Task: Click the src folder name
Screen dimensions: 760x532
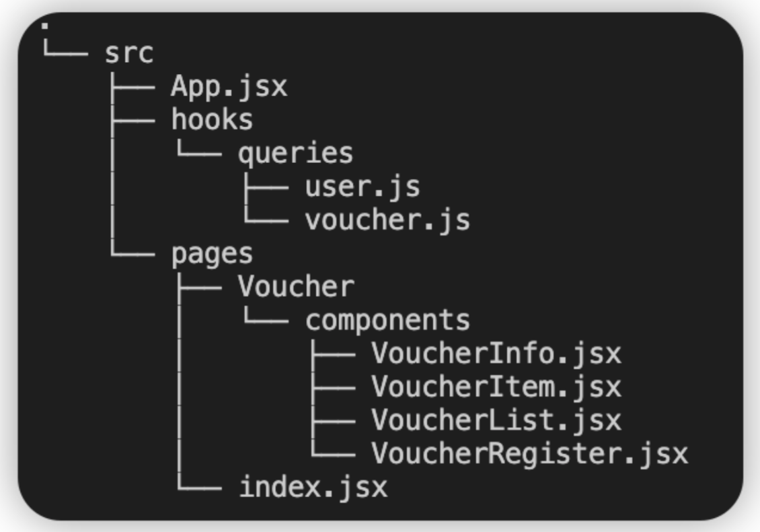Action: point(129,53)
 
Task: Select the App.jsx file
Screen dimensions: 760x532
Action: point(229,87)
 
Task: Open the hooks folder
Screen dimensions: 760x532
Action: point(213,119)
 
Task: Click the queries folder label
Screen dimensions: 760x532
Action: point(296,154)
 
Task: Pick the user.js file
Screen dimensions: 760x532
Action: point(363,187)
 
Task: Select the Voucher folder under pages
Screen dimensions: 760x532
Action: point(296,286)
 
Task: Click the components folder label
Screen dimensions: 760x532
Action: point(388,321)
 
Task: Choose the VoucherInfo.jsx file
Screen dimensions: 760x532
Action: point(496,354)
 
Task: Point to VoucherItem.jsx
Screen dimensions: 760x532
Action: point(496,387)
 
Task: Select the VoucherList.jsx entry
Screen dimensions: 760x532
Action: point(496,420)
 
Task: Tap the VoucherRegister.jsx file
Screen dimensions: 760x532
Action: point(530,453)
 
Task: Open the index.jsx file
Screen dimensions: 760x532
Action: point(313,487)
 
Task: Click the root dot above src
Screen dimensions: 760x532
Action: point(45,26)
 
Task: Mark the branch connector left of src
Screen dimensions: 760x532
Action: point(66,48)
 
